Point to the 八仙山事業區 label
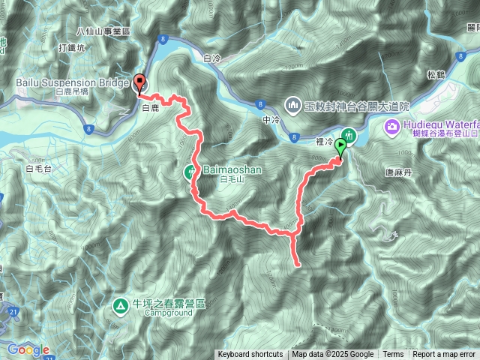point(103,31)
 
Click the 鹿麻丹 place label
point(398,172)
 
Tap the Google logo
point(28,349)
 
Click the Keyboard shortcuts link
point(250,355)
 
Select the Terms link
point(393,355)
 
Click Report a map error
point(444,355)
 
